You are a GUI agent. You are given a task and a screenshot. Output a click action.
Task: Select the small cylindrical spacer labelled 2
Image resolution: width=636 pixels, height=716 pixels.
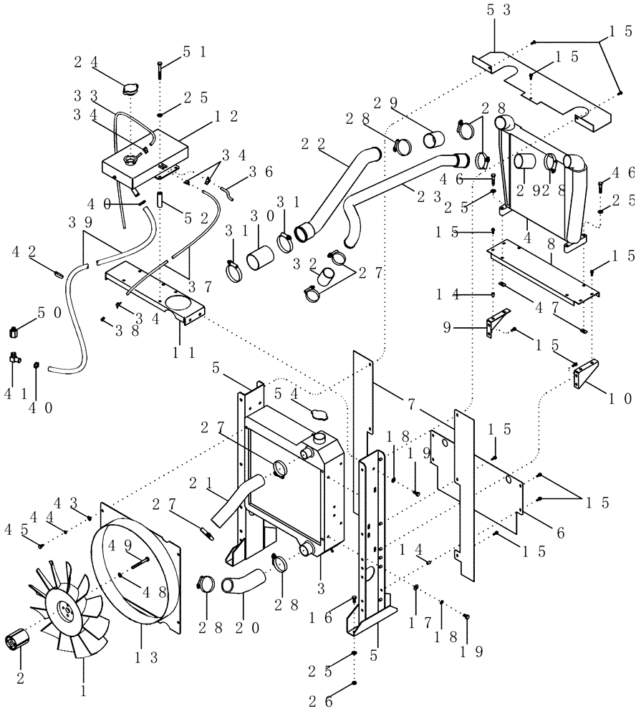pos(16,639)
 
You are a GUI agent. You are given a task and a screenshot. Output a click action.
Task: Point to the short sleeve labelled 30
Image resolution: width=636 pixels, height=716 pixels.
pos(261,256)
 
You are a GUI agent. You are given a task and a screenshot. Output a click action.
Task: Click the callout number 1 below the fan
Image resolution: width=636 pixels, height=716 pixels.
pos(84,693)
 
